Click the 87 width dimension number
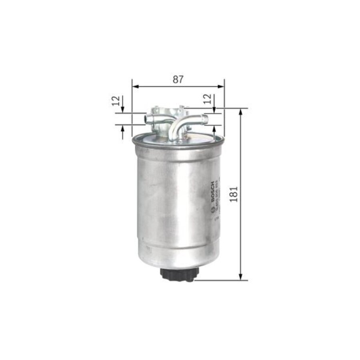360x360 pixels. [x=178, y=79]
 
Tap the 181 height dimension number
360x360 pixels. [x=234, y=194]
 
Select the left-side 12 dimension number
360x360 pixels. [x=116, y=100]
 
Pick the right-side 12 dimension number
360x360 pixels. [x=207, y=99]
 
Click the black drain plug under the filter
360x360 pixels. [x=180, y=274]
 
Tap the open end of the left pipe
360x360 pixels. [x=147, y=118]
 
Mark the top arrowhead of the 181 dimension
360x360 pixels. [x=241, y=112]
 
